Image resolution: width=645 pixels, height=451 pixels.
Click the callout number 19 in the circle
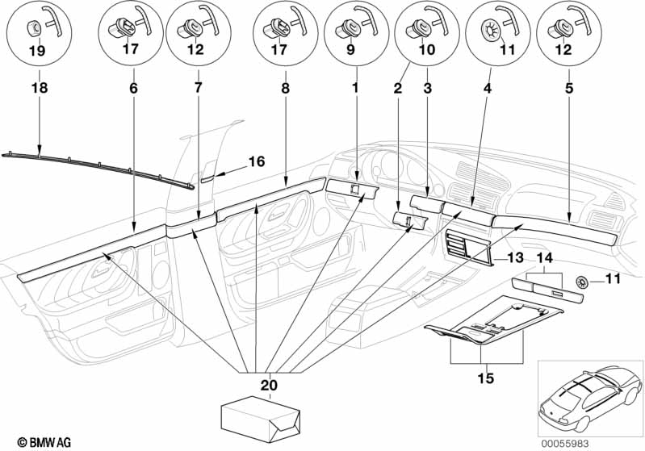point(37,52)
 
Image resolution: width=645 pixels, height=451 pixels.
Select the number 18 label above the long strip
point(40,88)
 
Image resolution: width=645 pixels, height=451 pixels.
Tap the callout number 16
point(257,161)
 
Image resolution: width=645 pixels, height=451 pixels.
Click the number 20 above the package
point(269,385)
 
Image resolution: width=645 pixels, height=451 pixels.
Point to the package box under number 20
point(261,419)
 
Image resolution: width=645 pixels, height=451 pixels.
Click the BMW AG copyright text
point(44,442)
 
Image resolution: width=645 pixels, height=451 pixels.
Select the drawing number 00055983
point(565,444)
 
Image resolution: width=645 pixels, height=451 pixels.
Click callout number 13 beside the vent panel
point(515,258)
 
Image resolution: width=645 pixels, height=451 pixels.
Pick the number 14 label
point(545,258)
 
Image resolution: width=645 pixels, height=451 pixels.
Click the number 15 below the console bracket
point(485,378)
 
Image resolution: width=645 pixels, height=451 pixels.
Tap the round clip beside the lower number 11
point(582,282)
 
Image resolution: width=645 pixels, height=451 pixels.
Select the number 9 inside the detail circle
point(350,50)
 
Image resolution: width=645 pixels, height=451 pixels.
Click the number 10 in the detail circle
point(426,50)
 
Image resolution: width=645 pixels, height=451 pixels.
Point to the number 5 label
point(569,88)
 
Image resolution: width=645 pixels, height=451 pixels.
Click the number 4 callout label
point(488,88)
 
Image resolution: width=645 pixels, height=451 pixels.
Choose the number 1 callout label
point(355,88)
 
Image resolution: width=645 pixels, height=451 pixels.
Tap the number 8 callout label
point(286,88)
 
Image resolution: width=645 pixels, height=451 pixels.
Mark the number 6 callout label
point(134,88)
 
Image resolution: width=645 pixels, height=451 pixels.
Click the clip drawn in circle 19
point(34,28)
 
